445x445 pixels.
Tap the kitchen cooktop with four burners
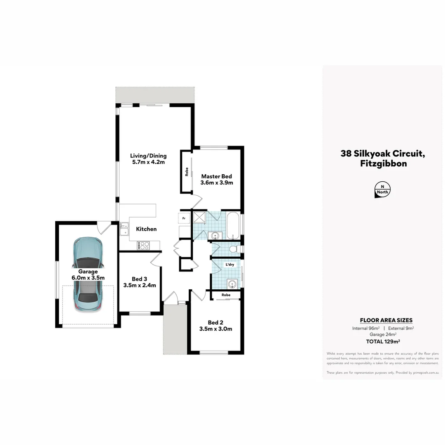144,246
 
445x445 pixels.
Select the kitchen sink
124,229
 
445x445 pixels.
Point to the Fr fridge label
184,218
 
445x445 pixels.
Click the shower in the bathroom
199,218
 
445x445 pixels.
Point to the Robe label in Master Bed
187,171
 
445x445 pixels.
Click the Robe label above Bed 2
225,295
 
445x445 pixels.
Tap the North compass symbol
383,190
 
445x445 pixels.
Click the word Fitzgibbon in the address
383,164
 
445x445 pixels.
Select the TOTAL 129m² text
383,342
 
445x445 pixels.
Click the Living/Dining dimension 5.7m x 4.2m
148,162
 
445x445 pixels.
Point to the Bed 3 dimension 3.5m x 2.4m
140,285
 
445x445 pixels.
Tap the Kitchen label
146,229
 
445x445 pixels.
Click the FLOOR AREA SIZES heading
386,320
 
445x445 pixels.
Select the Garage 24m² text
383,335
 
